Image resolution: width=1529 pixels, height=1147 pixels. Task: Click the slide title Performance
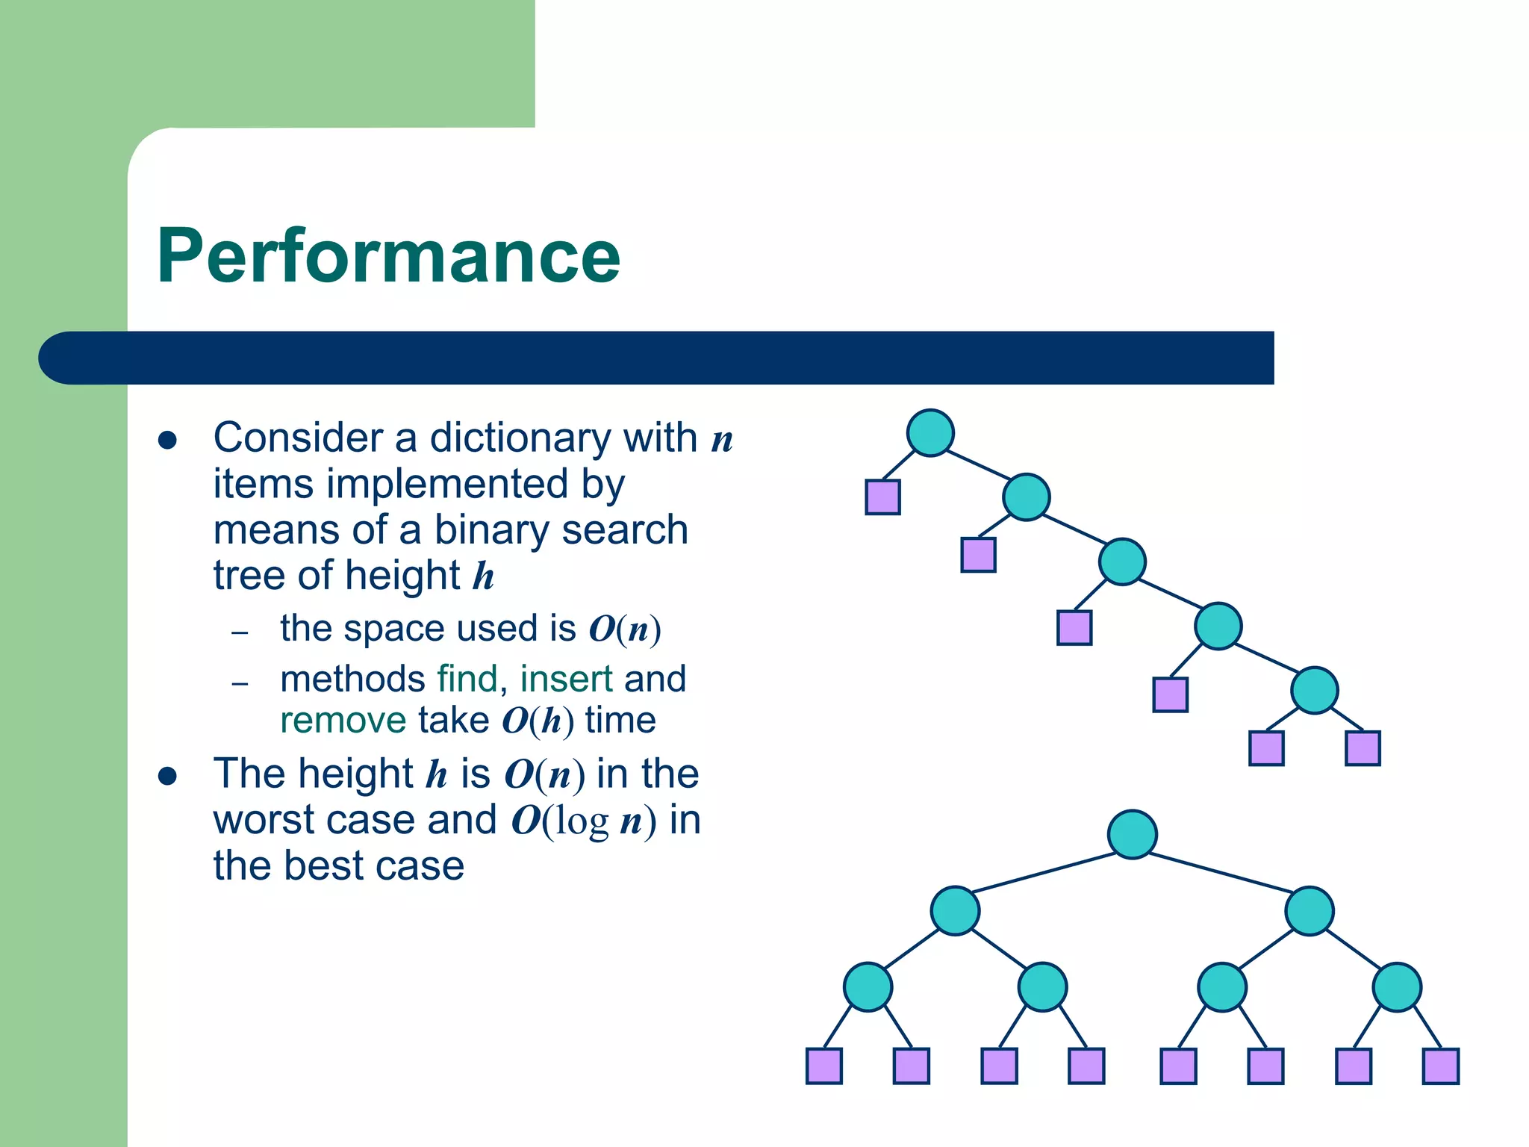click(388, 256)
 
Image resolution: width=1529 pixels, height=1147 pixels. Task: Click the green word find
click(467, 679)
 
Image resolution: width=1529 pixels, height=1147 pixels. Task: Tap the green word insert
click(566, 679)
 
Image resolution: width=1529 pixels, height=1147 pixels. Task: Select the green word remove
click(343, 721)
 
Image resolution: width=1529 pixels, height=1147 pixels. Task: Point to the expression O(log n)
click(584, 821)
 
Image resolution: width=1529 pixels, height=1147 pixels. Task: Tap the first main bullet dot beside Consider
click(167, 440)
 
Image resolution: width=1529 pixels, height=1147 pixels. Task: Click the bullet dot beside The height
click(167, 776)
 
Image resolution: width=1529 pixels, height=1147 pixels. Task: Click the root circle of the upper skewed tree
click(930, 432)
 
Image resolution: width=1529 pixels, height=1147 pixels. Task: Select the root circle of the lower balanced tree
click(1132, 834)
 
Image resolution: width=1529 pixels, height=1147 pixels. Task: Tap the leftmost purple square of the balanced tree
click(824, 1066)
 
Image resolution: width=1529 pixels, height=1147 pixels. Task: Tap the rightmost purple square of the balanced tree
click(1441, 1066)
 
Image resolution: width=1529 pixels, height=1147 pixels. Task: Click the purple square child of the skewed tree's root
click(882, 497)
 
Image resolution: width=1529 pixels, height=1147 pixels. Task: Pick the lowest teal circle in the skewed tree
click(1314, 690)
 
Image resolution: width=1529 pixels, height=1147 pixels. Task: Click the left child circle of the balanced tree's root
click(955, 910)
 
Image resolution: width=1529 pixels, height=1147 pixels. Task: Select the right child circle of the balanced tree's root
click(1309, 910)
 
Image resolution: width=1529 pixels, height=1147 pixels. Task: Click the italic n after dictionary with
click(722, 439)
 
